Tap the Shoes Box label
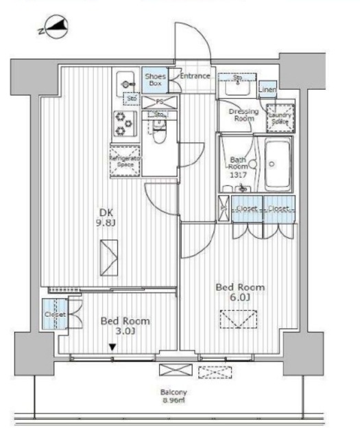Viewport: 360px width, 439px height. [x=153, y=79]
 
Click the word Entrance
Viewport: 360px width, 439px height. [x=195, y=75]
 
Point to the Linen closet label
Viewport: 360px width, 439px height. [x=268, y=90]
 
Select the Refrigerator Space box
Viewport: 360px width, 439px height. [x=125, y=162]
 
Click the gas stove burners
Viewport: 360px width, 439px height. [x=124, y=123]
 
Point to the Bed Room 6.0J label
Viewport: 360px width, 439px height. [x=240, y=292]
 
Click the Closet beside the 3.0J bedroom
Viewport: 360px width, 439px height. [x=55, y=315]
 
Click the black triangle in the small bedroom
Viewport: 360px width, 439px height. [x=111, y=347]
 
